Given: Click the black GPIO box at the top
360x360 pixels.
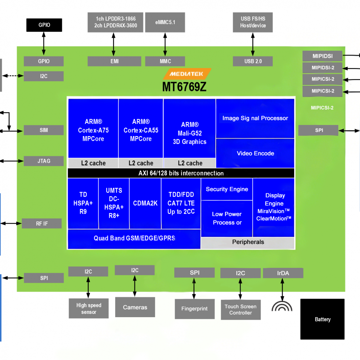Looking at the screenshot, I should pyautogui.click(x=44, y=25).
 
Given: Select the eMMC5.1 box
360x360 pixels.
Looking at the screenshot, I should pyautogui.click(x=165, y=22).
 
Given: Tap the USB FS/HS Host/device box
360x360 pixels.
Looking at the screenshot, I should pyautogui.click(x=253, y=22).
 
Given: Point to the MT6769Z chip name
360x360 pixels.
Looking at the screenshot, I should pyautogui.click(x=184, y=87).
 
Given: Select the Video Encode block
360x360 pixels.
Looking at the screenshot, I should pyautogui.click(x=255, y=153).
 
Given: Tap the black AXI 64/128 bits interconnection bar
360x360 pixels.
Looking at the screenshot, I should pyautogui.click(x=181, y=173).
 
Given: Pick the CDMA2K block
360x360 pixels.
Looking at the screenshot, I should pyautogui.click(x=145, y=203).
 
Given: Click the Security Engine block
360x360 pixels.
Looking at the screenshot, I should pyautogui.click(x=227, y=189).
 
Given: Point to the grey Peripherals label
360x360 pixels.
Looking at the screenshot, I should pyautogui.click(x=248, y=242).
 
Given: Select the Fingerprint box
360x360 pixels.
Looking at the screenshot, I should pyautogui.click(x=194, y=309).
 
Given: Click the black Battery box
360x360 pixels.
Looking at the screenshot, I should pyautogui.click(x=322, y=319).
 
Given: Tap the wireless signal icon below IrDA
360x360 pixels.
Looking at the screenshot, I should pyautogui.click(x=282, y=305).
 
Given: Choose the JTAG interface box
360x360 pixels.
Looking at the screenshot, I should pyautogui.click(x=44, y=161).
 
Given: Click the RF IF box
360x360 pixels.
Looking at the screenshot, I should pyautogui.click(x=42, y=224).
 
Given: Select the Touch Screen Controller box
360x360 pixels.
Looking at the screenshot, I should pyautogui.click(x=240, y=310).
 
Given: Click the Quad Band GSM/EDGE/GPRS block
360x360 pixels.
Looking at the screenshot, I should pyautogui.click(x=134, y=238).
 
